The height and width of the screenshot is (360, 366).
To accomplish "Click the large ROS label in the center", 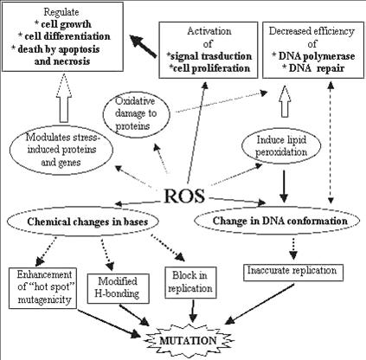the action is [184, 196].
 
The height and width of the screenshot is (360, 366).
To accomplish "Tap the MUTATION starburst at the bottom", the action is [188, 341].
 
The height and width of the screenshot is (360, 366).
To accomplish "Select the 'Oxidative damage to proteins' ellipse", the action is [136, 113].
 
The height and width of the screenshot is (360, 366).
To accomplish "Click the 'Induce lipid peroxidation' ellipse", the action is [281, 146].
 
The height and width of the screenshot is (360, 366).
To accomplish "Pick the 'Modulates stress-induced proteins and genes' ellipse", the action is [61, 150].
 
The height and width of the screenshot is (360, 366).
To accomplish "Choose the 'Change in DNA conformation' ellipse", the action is [277, 221].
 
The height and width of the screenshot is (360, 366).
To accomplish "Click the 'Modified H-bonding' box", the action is [118, 288].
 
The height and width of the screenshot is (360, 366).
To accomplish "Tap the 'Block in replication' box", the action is [190, 282].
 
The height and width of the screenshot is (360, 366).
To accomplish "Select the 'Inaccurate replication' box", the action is [293, 273].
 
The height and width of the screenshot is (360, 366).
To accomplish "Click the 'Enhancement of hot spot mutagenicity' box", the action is [42, 288].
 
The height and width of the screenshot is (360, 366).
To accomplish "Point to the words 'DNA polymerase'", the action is [317, 56].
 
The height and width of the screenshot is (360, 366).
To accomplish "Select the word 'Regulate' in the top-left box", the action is [61, 12].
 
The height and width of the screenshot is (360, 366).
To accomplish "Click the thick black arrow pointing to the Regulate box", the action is [144, 46].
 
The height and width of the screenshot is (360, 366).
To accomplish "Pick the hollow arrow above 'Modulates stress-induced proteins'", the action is [64, 98].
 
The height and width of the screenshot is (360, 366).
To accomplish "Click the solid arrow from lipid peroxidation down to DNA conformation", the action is [284, 186].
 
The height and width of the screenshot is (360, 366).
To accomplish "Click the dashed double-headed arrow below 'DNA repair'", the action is [331, 142].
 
